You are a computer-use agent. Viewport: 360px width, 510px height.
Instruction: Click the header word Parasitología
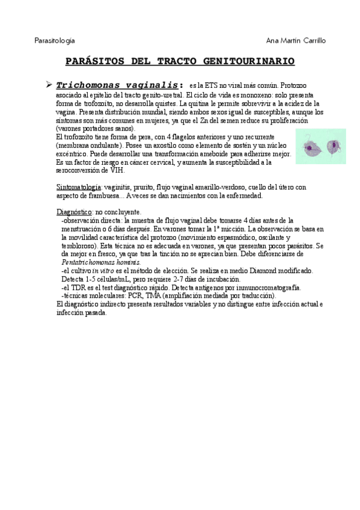[x=55, y=40]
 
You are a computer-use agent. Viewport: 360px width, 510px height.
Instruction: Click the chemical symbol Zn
[x=233, y=120]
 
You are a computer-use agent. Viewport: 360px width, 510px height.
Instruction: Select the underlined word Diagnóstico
[x=73, y=213]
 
